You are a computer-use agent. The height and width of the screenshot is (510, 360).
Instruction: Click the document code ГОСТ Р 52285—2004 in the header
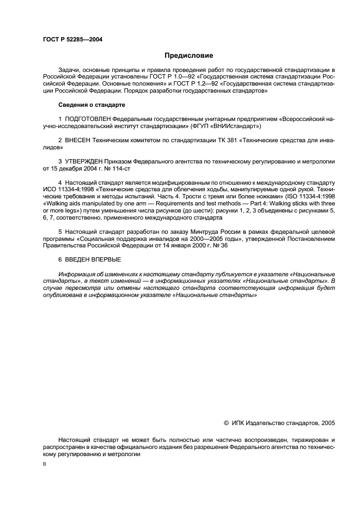coord(72,39)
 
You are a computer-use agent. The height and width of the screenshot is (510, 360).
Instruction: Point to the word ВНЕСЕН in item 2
coord(77,140)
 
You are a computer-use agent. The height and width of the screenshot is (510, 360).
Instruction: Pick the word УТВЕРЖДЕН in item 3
coord(84,161)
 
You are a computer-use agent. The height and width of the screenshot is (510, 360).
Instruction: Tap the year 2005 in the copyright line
coord(328,422)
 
